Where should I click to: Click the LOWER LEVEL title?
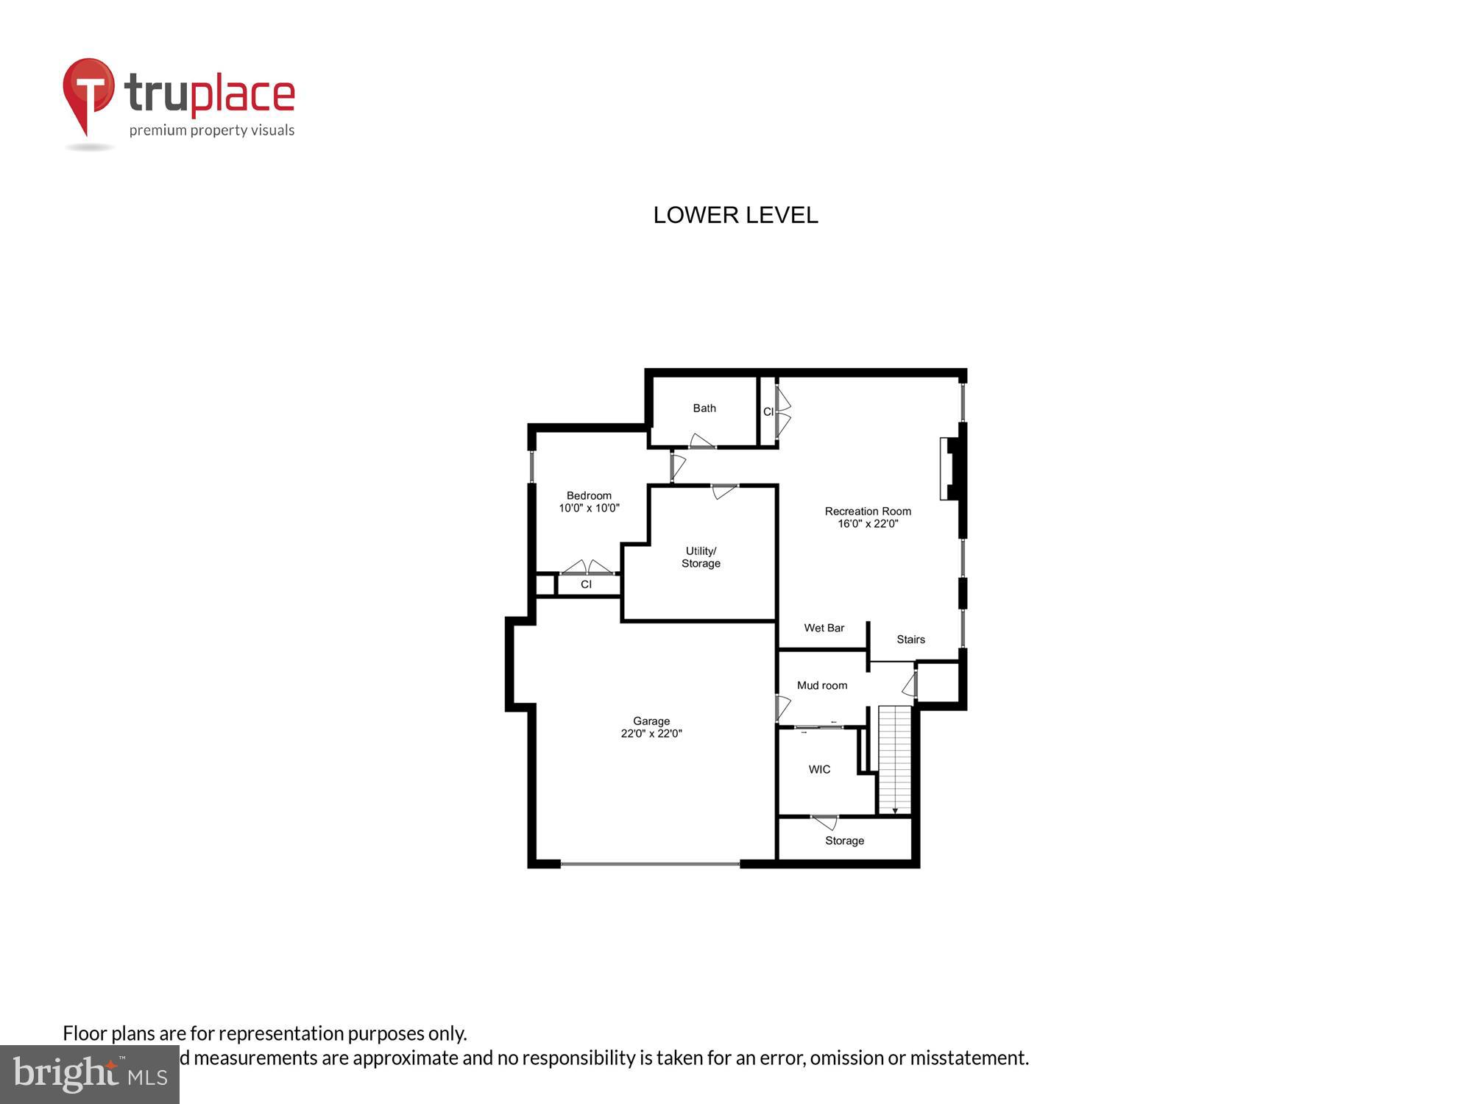[735, 215]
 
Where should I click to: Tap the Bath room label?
[704, 408]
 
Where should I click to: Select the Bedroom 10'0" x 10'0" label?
[589, 502]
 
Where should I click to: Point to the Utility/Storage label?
[701, 557]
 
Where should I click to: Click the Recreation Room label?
[868, 517]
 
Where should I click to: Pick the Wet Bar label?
[824, 628]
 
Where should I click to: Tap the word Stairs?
[910, 640]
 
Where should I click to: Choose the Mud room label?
[822, 685]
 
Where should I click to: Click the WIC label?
[819, 769]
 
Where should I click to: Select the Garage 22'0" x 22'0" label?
[651, 727]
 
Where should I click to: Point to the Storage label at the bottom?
[844, 841]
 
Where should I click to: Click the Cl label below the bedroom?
[586, 584]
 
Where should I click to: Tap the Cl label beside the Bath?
[768, 411]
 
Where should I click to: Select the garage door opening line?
[651, 863]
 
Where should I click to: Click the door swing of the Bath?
[701, 442]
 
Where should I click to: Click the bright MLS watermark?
[90, 1075]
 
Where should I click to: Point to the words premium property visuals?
[212, 131]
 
